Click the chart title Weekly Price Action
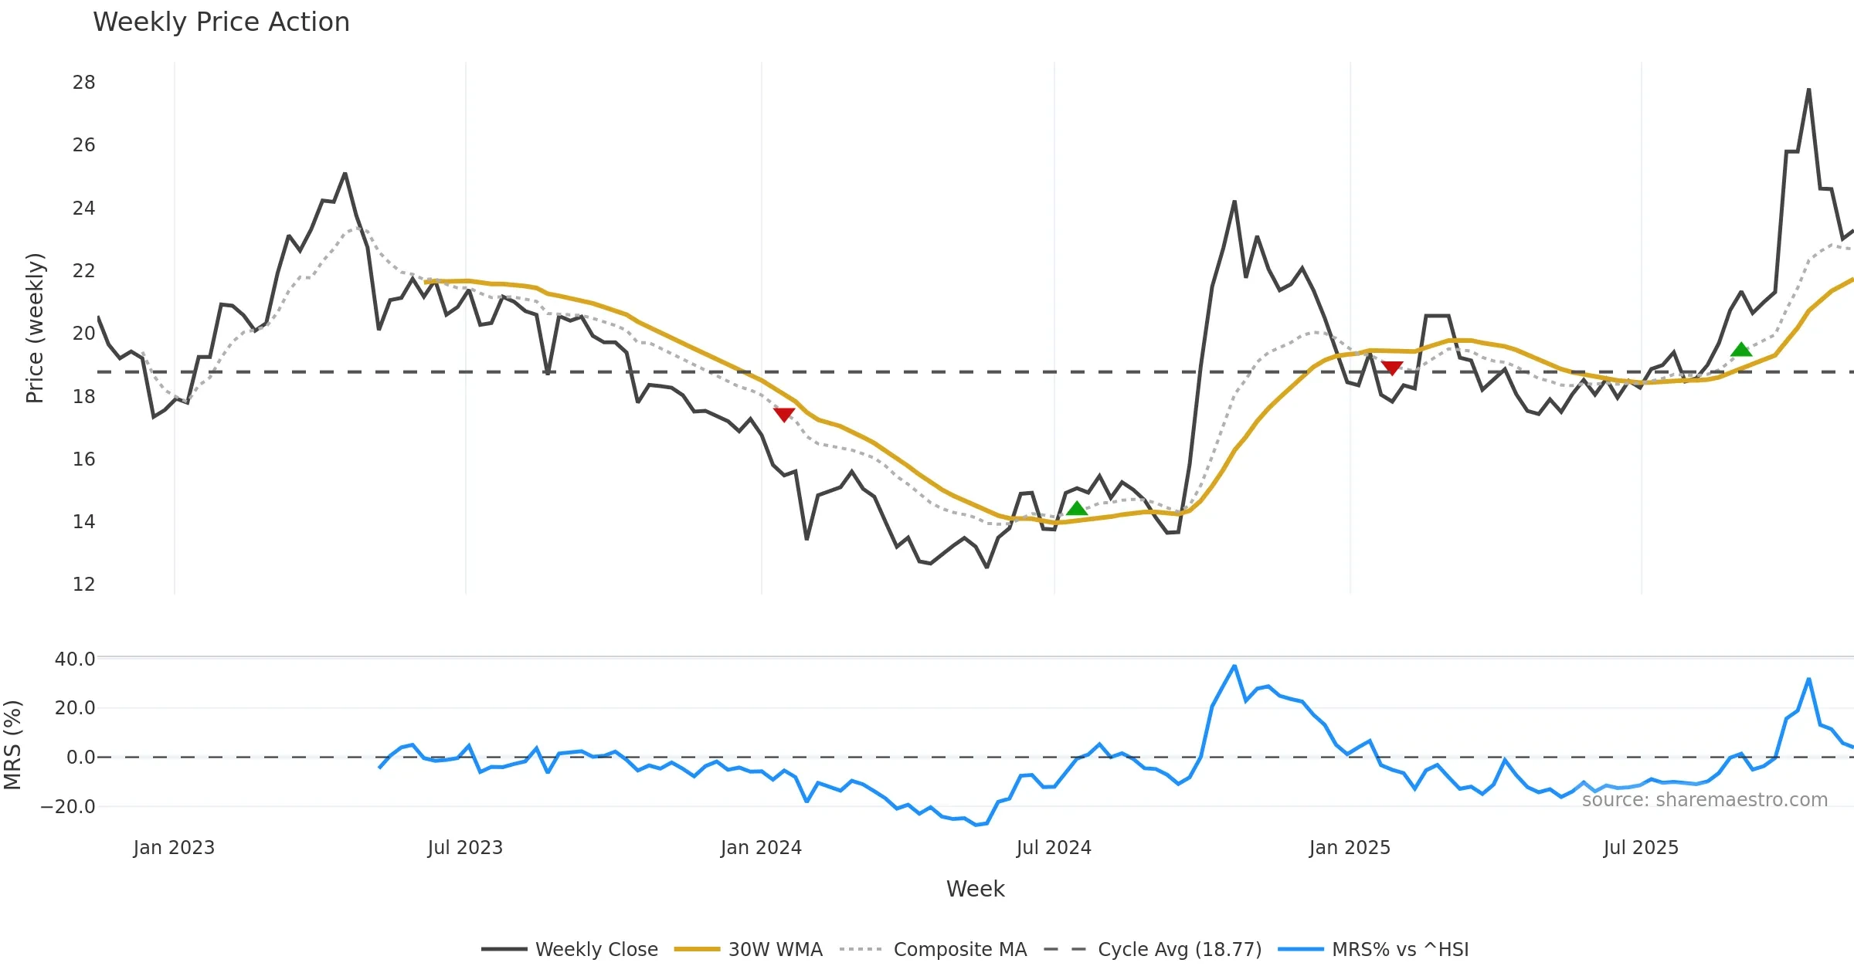click(221, 22)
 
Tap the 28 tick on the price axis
click(83, 83)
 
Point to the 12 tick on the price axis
click(83, 585)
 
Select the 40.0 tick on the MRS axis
click(75, 659)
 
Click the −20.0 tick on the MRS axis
click(68, 807)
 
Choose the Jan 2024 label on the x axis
click(761, 848)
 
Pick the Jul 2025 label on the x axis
click(1641, 848)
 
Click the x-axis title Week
click(975, 890)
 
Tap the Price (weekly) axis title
click(35, 328)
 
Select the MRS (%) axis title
click(12, 745)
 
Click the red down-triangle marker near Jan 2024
click(784, 415)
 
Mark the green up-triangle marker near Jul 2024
click(1077, 508)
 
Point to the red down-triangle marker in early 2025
click(1392, 368)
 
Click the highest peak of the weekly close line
click(1808, 90)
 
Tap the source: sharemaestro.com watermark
click(1704, 800)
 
